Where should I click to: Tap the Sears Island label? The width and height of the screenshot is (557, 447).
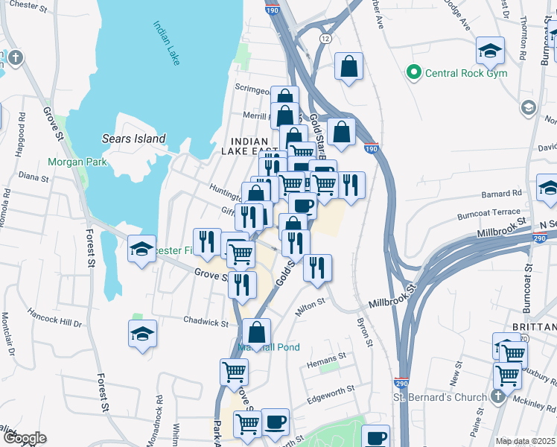(133, 139)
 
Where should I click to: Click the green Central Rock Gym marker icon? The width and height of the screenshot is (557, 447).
(412, 73)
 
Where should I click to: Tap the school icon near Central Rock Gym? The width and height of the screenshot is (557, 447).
(490, 51)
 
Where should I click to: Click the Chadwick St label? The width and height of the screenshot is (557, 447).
(206, 323)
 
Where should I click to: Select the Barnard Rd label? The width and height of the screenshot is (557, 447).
(502, 193)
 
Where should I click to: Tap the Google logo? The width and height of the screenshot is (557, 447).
(25, 439)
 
